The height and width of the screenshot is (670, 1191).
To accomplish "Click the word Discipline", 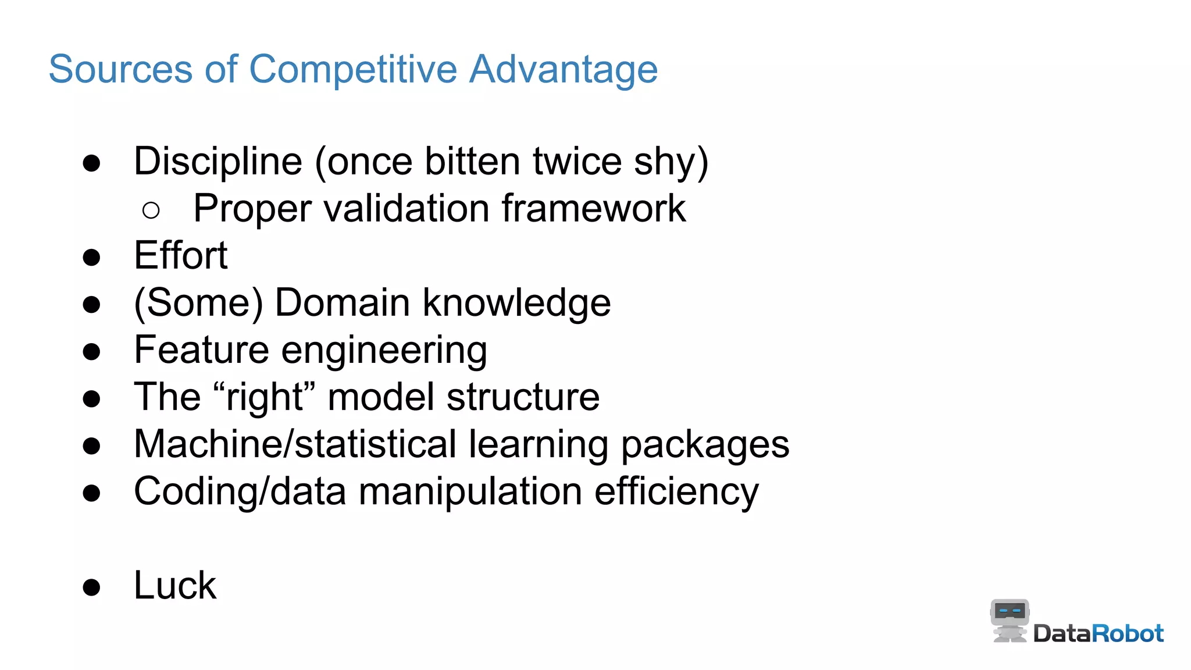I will [x=218, y=162].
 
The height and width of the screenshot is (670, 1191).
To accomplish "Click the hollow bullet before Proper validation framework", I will [x=151, y=210].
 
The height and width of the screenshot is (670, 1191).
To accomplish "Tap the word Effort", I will [x=181, y=256].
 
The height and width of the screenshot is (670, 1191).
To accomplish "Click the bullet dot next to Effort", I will [x=91, y=257].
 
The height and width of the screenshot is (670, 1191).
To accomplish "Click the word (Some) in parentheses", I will [x=198, y=303].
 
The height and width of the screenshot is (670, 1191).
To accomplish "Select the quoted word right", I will [x=265, y=397].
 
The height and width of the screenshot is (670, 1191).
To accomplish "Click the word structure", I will [x=523, y=397].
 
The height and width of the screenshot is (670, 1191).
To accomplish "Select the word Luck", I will [x=175, y=586].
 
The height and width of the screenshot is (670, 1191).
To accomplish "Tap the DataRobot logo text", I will [x=1098, y=633].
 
